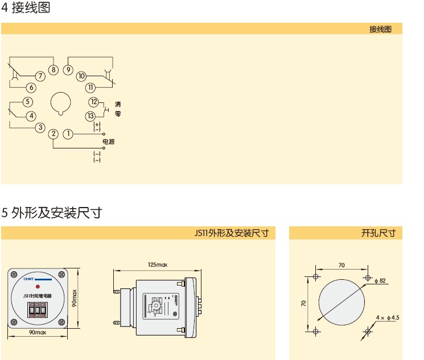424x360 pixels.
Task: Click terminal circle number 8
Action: [x=53, y=70]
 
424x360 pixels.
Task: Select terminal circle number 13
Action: [x=91, y=115]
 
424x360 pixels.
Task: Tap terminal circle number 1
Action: [x=68, y=134]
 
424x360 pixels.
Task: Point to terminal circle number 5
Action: [x=27, y=102]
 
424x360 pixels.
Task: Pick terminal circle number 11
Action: [x=90, y=88]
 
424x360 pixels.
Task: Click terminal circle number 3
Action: [x=40, y=127]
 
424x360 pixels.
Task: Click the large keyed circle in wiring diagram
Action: [x=60, y=103]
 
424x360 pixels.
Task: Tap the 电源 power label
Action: [x=108, y=141]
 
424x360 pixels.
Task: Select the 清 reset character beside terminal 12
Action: [x=118, y=104]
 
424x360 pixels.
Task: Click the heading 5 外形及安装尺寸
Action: [x=52, y=213]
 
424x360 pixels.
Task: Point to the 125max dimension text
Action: [x=157, y=265]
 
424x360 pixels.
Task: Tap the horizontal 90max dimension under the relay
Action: [x=37, y=332]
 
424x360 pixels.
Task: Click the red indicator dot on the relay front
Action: [x=36, y=287]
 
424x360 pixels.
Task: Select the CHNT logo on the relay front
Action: [x=27, y=280]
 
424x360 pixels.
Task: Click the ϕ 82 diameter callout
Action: [x=380, y=280]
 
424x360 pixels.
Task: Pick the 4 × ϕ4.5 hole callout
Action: [x=388, y=317]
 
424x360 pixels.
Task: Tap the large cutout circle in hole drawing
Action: [x=341, y=303]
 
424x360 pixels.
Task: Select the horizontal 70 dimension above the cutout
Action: [x=341, y=265]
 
